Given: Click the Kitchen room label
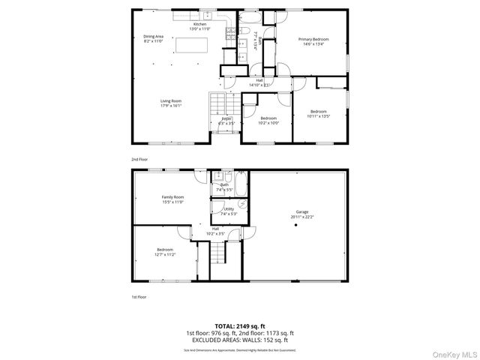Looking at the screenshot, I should click(199, 26).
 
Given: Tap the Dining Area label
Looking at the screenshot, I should click(154, 38).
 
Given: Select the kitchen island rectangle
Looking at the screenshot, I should click(191, 46).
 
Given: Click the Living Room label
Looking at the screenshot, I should click(170, 103).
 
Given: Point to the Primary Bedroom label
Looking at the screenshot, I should click(313, 40).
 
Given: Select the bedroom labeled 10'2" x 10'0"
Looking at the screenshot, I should click(268, 120).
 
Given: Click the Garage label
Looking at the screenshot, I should click(302, 214).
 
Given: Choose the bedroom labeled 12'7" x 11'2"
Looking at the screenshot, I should click(165, 251).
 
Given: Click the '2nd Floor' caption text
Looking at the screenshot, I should click(139, 160).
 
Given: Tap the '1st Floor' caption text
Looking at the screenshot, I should click(139, 297).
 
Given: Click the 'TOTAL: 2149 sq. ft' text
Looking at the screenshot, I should click(239, 326).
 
